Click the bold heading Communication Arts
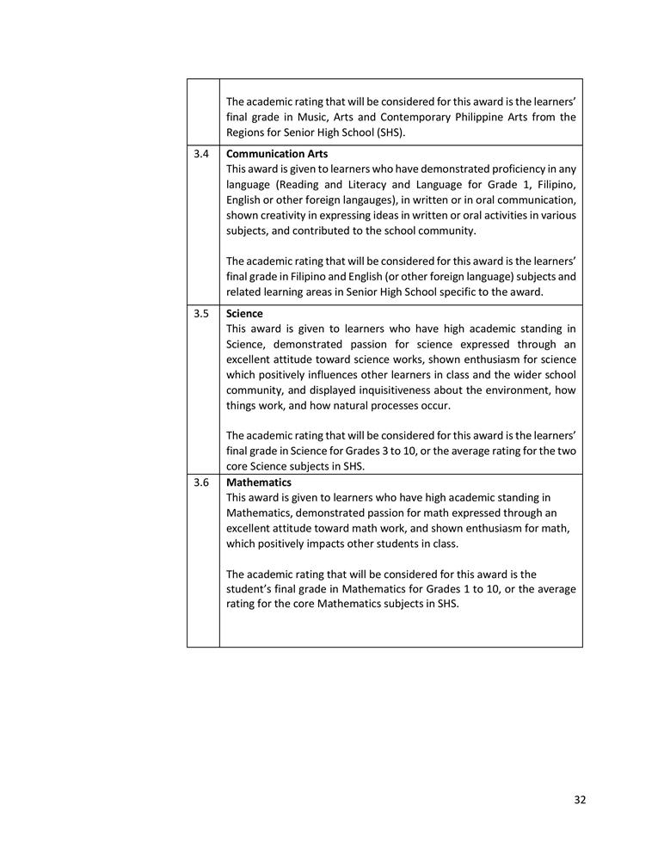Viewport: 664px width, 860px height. coord(277,154)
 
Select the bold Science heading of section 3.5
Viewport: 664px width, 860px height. coord(244,314)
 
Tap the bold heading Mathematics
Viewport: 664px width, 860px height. coord(259,482)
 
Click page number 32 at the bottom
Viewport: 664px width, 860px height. coord(580,800)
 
